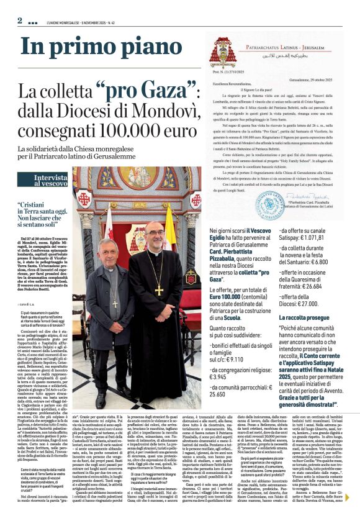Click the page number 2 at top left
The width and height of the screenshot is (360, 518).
pos(20,20)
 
